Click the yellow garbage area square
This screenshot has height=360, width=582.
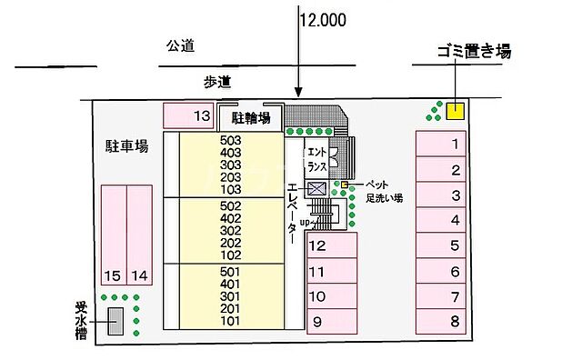[x=455, y=111]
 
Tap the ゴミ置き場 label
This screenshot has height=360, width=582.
[x=461, y=52]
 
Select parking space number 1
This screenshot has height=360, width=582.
[x=441, y=144]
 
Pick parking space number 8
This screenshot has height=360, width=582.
[x=441, y=320]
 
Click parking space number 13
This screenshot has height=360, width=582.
[x=188, y=115]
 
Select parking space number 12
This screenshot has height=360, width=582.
[x=331, y=245]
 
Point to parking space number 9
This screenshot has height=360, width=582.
[x=331, y=321]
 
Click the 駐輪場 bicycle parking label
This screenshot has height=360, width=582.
[x=250, y=117]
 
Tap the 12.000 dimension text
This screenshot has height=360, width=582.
[x=322, y=17]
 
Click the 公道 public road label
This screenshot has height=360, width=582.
[x=181, y=46]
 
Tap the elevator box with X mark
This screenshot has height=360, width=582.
[x=317, y=189]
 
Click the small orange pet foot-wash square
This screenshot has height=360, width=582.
[x=346, y=185]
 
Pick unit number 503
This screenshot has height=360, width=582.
[x=230, y=140]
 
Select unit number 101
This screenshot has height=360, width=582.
[x=230, y=321]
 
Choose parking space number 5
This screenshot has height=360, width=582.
[x=441, y=245]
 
